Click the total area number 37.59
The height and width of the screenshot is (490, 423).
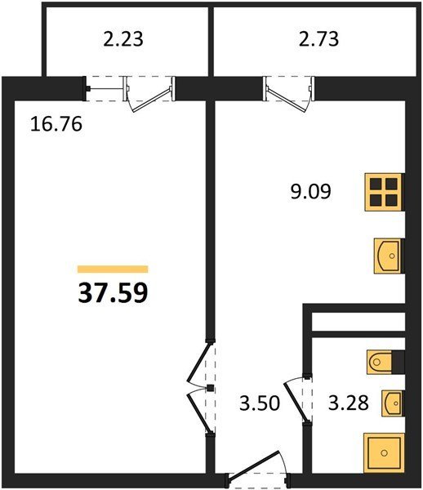[113, 293]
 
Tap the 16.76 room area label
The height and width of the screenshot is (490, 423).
[56, 124]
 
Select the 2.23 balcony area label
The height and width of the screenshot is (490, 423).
[123, 39]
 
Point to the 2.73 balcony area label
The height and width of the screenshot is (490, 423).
[318, 39]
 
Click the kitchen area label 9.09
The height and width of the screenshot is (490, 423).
[310, 191]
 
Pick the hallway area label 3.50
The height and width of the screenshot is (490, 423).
[260, 403]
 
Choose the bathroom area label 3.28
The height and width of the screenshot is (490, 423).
[349, 403]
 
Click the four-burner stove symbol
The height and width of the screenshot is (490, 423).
[383, 192]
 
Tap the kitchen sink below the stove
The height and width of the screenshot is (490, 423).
[387, 256]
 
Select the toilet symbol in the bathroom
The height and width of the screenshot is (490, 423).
[380, 362]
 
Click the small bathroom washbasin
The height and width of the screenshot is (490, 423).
[392, 403]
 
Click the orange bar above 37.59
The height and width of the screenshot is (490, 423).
[113, 269]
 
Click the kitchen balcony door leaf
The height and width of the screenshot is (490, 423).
[287, 100]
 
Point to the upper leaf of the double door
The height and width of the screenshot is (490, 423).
[198, 363]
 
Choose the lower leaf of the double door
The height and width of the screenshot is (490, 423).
[198, 414]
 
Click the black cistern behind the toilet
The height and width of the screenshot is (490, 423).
[398, 362]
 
